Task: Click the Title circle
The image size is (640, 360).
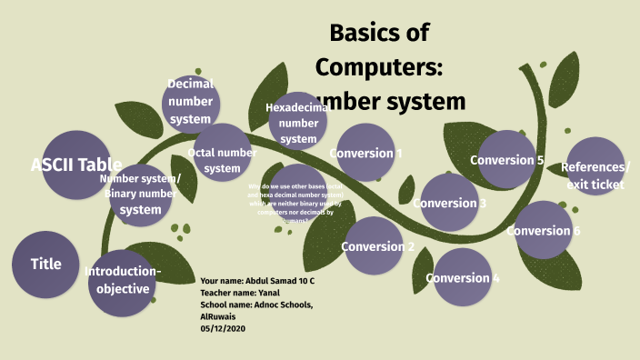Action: pyautogui.click(x=45, y=265)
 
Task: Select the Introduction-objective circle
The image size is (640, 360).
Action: pyautogui.click(x=123, y=282)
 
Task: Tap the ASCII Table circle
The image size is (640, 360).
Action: pyautogui.click(x=76, y=165)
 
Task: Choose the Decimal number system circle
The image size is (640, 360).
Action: pyautogui.click(x=191, y=104)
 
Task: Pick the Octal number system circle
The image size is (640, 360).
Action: pyautogui.click(x=222, y=160)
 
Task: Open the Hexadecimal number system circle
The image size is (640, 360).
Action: pyautogui.click(x=298, y=122)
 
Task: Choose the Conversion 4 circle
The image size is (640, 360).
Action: pyautogui.click(x=462, y=277)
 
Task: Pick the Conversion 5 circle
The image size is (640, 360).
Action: pyautogui.click(x=506, y=160)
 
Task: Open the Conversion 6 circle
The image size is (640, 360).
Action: pyautogui.click(x=543, y=230)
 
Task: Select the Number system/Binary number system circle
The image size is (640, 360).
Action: pyautogui.click(x=141, y=195)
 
